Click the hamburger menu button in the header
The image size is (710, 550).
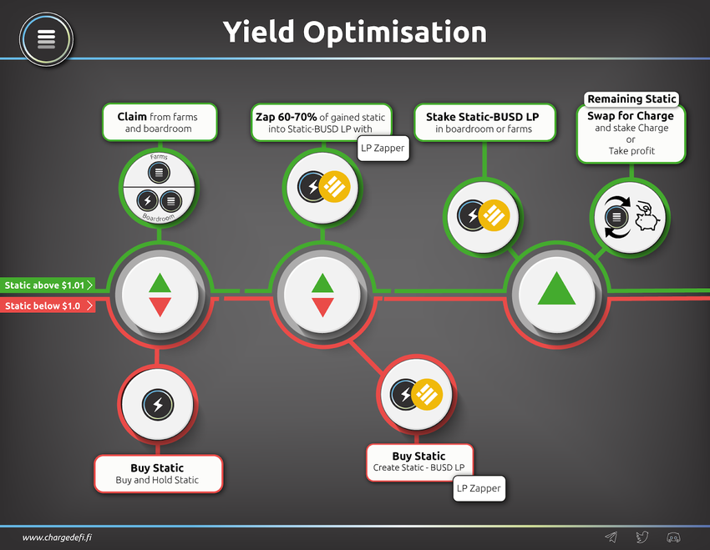tap(47, 38)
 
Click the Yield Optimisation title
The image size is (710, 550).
tap(354, 33)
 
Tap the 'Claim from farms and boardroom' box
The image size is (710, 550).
tap(159, 123)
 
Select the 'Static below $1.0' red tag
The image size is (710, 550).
tap(47, 305)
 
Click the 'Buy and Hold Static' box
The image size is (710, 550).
tap(157, 473)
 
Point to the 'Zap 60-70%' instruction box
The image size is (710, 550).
tap(320, 121)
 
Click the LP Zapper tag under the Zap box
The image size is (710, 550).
tap(382, 148)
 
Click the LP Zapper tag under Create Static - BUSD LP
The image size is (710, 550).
tap(479, 488)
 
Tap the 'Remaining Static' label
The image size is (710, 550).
tap(631, 99)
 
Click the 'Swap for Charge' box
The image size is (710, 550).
tap(631, 135)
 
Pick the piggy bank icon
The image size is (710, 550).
tap(647, 217)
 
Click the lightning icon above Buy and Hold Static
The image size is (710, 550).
tap(157, 406)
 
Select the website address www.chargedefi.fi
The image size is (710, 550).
tap(57, 537)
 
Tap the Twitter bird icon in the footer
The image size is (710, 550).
tap(642, 537)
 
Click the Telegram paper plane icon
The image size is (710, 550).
tap(611, 537)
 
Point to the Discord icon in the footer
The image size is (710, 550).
tap(672, 537)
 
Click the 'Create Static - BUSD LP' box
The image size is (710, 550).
tap(418, 462)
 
